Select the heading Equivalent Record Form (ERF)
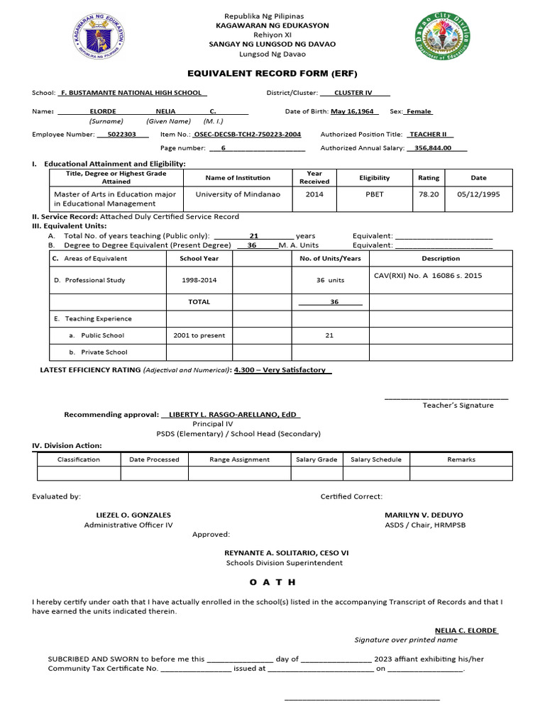pyautogui.click(x=272, y=73)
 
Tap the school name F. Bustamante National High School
pyautogui.click(x=133, y=93)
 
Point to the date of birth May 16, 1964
pyautogui.click(x=353, y=111)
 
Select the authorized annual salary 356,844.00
pyautogui.click(x=436, y=148)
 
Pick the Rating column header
pyautogui.click(x=429, y=178)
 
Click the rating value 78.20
pyautogui.click(x=429, y=194)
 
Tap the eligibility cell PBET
pyautogui.click(x=374, y=194)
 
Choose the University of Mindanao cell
pyautogui.click(x=238, y=194)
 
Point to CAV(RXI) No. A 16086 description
pyautogui.click(x=427, y=276)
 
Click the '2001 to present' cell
pyautogui.click(x=199, y=335)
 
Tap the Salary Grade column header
pyautogui.click(x=316, y=459)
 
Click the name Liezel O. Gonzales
pyautogui.click(x=133, y=515)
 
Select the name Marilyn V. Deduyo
pyautogui.click(x=424, y=515)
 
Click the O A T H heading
pyautogui.click(x=272, y=582)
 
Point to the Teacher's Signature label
pyautogui.click(x=458, y=405)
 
